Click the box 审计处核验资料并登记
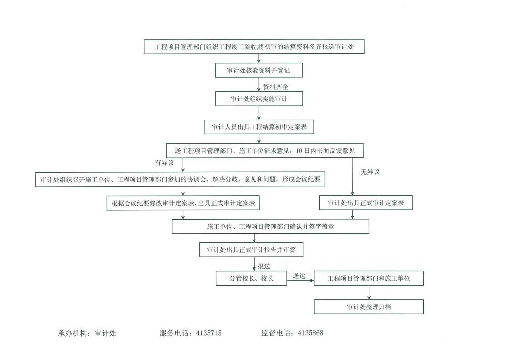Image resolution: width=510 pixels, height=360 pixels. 259,70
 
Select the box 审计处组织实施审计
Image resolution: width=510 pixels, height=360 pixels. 259,99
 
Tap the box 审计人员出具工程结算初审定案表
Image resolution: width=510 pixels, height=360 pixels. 259,127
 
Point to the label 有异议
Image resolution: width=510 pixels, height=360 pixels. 164,163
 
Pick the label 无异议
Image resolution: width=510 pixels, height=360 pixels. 370,172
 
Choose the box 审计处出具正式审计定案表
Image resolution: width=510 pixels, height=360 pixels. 366,203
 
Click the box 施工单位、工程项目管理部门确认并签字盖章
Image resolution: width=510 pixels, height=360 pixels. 270,226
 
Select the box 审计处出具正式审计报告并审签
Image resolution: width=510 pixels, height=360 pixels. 252,250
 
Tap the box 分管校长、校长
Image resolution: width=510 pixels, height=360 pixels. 252,278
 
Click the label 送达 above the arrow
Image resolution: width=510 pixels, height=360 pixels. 299,275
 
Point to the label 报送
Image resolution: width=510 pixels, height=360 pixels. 264,266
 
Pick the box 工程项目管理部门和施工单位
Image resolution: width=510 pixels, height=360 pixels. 369,278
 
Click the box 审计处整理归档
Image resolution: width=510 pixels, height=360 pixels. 369,307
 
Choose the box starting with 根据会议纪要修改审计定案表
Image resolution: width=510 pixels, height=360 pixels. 184,203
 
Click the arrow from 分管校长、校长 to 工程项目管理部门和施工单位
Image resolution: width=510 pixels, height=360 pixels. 301,281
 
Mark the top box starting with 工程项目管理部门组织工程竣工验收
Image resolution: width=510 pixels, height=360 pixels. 255,47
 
